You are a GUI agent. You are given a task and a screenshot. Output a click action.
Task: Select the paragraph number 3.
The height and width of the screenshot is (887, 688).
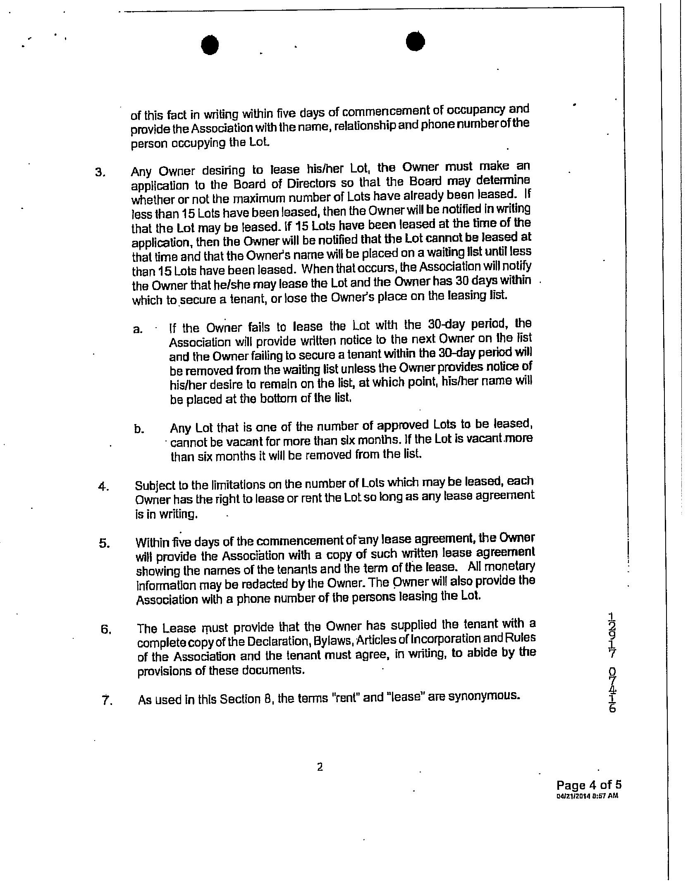(x=100, y=173)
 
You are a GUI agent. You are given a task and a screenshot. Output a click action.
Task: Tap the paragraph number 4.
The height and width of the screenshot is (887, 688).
(x=103, y=487)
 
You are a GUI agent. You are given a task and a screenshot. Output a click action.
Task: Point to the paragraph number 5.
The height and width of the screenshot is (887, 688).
(x=104, y=543)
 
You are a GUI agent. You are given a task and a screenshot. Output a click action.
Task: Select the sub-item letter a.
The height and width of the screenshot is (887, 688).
(x=138, y=330)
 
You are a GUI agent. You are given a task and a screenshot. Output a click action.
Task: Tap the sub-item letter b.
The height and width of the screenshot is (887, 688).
(x=139, y=429)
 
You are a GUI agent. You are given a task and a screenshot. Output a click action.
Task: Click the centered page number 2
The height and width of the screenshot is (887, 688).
(x=319, y=767)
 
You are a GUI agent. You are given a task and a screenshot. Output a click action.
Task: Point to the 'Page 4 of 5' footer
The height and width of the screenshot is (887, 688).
(x=589, y=785)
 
